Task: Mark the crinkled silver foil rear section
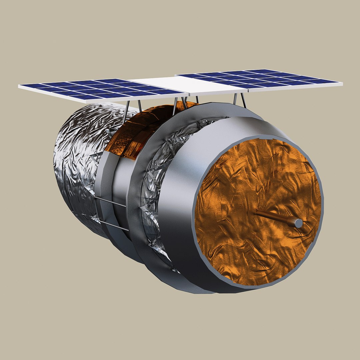[77, 160]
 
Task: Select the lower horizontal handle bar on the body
[113, 226]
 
